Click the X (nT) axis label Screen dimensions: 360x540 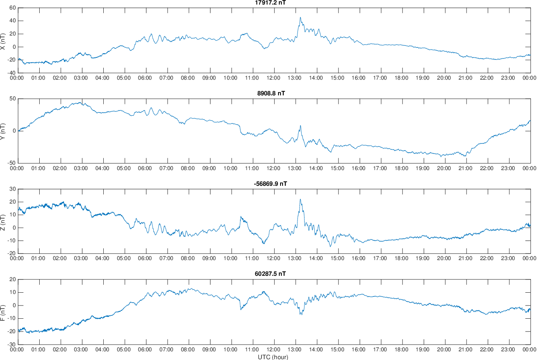point(3,40)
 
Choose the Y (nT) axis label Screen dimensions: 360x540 point(3,131)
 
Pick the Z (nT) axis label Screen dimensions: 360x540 point(3,221)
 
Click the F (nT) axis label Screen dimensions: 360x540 point(3,312)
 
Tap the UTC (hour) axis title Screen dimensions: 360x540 point(273,357)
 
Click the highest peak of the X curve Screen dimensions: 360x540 point(300,17)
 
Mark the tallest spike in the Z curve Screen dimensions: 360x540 point(300,199)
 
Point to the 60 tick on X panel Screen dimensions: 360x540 point(13,8)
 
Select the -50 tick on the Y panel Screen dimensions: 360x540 point(11,163)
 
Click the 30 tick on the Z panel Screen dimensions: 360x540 point(13,189)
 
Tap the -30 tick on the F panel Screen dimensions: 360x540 point(11,344)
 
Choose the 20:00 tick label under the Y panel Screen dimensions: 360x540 point(444,168)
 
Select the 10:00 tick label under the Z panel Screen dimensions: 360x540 point(231,259)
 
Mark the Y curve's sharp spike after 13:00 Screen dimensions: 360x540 point(300,126)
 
